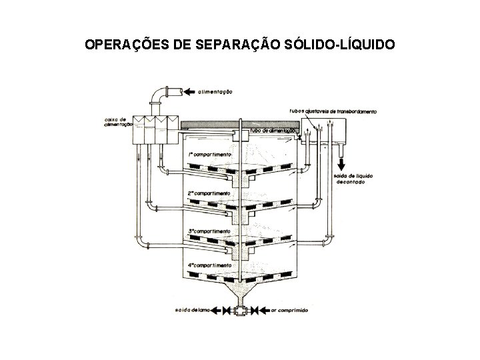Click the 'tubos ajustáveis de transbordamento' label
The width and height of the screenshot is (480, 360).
(x=333, y=111)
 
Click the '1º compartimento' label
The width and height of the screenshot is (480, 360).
(x=209, y=154)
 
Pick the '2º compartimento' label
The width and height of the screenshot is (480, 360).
(x=209, y=193)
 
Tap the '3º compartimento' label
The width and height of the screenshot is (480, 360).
(x=209, y=231)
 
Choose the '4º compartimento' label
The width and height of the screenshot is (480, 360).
(x=209, y=265)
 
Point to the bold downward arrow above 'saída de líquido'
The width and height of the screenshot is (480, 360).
(x=341, y=163)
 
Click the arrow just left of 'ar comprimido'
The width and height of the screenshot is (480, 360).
(x=264, y=311)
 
